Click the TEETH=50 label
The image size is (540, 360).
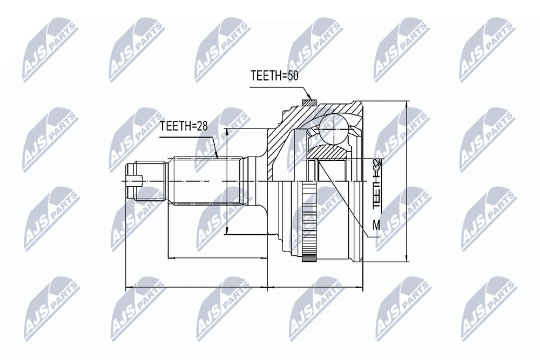coord(274,76)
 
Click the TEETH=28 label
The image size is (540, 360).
coord(184,126)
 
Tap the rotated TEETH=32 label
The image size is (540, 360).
coord(378,184)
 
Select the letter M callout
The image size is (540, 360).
coord(377,226)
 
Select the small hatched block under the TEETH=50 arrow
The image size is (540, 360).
coord(308,103)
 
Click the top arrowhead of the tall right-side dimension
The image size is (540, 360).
coord(407,105)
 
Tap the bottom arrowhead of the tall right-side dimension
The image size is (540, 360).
coord(407,258)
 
